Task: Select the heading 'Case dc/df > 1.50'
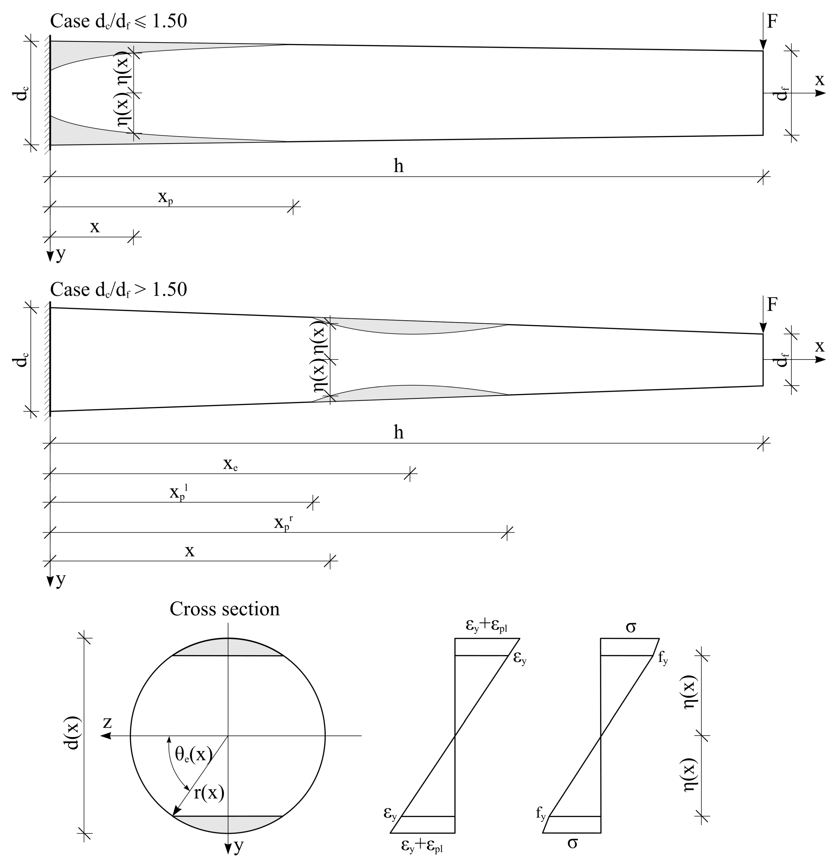click(119, 289)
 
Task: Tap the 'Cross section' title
click(225, 609)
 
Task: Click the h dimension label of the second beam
click(398, 433)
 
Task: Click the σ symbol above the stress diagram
click(631, 626)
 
